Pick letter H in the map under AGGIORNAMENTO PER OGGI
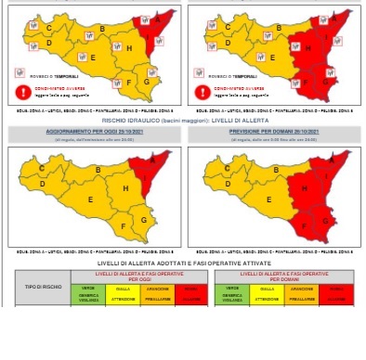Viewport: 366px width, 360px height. click(x=124, y=189)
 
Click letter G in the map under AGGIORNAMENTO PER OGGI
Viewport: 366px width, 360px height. click(x=143, y=220)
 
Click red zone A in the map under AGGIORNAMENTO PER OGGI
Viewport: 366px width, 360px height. click(x=152, y=163)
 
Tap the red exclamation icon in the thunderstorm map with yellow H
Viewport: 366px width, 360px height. click(x=22, y=90)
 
